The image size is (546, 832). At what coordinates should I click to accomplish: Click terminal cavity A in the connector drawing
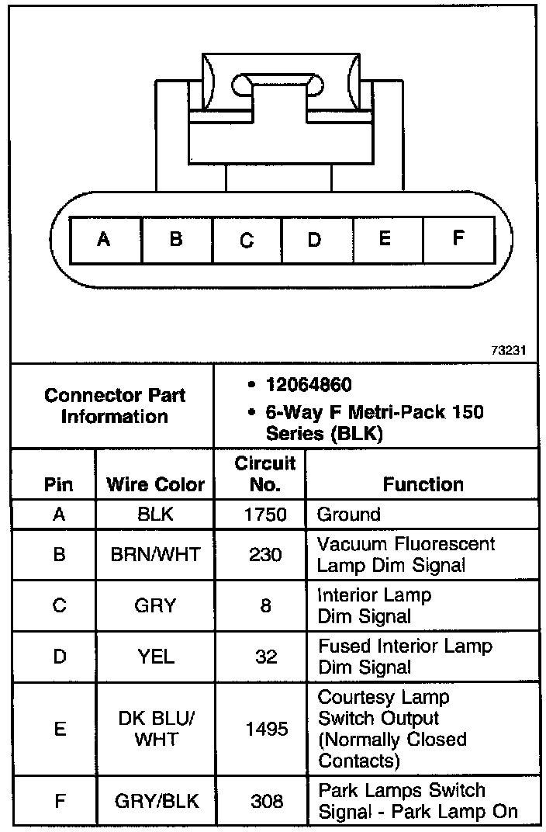[x=105, y=239]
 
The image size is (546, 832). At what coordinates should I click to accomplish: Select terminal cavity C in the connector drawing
[x=247, y=239]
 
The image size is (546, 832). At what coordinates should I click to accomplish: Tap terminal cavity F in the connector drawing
[x=458, y=238]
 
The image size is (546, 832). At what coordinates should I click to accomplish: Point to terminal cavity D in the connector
[x=315, y=239]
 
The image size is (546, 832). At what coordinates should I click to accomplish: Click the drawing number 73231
[x=508, y=350]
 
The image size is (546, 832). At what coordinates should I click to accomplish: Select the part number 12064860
[x=309, y=385]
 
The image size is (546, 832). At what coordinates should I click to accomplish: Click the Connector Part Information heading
[x=114, y=405]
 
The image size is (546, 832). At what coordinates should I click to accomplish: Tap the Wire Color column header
[x=155, y=485]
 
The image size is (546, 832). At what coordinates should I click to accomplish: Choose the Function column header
[x=423, y=485]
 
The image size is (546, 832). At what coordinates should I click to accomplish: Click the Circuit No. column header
[x=265, y=474]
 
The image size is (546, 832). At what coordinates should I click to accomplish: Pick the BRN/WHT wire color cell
[x=155, y=554]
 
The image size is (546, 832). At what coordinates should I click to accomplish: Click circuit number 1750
[x=265, y=514]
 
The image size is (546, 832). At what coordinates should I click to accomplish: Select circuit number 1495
[x=265, y=729]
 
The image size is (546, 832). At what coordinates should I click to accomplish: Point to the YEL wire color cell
[x=155, y=657]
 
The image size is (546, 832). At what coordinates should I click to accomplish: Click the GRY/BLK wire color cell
[x=155, y=801]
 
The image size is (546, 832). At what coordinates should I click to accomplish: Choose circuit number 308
[x=265, y=801]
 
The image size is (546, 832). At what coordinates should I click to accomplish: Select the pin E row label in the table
[x=59, y=729]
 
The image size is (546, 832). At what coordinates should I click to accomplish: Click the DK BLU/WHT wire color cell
[x=155, y=729]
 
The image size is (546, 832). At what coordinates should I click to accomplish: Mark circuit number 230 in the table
[x=265, y=554]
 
